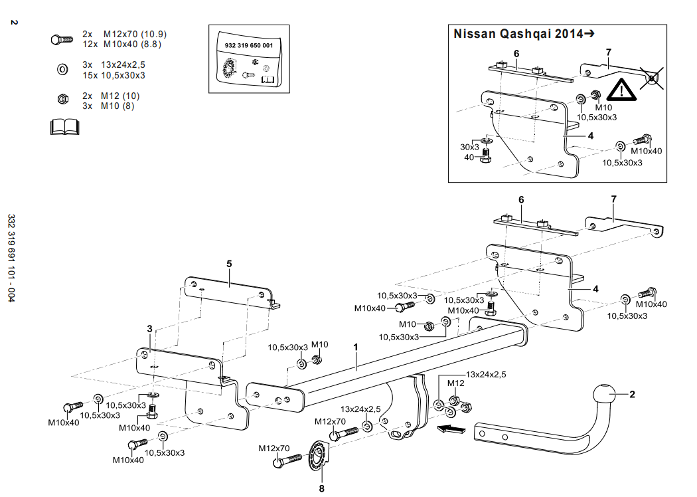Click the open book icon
64,126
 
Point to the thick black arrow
451,429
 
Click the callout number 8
322,488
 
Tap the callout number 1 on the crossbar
356,347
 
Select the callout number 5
229,264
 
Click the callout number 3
150,328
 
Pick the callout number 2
632,394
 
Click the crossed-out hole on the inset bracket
653,78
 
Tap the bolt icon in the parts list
62,39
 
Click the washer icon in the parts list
62,69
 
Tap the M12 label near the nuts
455,383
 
